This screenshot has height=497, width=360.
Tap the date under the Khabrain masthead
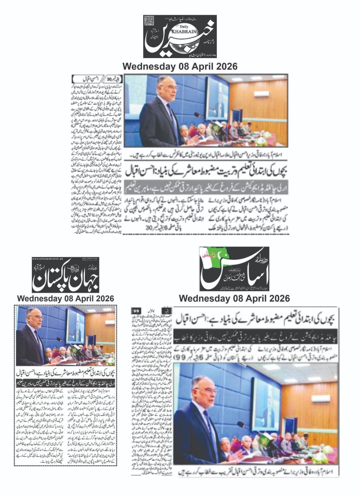(180, 66)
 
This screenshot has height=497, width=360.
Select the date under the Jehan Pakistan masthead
(66, 299)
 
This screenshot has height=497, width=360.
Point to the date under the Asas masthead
(234, 299)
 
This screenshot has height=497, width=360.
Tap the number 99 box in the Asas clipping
(137, 310)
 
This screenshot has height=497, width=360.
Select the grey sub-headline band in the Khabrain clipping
(206, 187)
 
